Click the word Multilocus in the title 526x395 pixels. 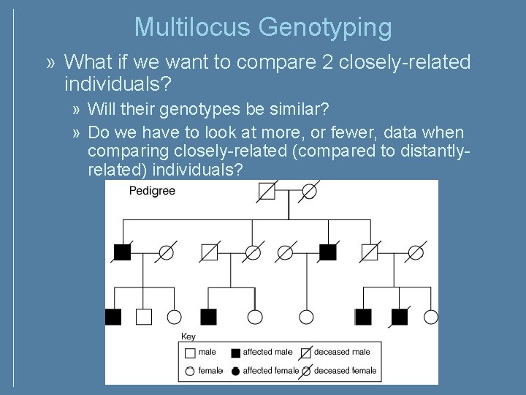click(x=193, y=28)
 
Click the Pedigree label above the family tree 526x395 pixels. click(x=152, y=192)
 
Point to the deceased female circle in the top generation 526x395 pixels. click(x=309, y=191)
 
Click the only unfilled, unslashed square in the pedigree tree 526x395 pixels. click(x=144, y=317)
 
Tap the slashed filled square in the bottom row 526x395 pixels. click(x=399, y=317)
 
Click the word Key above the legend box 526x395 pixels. click(x=188, y=336)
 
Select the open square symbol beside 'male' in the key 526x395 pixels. click(x=191, y=353)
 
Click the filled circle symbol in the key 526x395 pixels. click(x=235, y=370)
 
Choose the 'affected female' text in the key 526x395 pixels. click(x=271, y=370)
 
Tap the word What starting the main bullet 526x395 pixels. click(x=88, y=63)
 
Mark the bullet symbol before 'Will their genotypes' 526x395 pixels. click(x=77, y=110)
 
